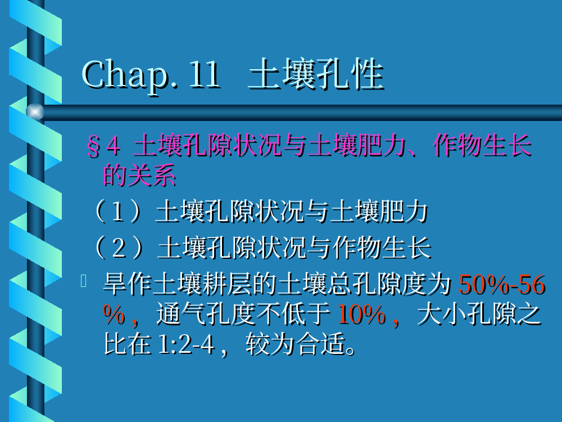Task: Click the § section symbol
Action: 93,146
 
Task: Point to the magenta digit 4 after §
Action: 113,146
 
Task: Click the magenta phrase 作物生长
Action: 482,145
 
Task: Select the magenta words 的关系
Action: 139,175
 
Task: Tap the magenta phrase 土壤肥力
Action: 357,145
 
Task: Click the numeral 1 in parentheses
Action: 117,212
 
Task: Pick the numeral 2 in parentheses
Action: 119,248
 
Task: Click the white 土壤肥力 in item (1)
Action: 379,211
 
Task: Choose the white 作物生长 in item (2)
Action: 382,247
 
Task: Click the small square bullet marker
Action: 84,281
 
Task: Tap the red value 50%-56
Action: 502,285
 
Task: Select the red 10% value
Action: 361,315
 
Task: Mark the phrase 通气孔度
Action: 205,314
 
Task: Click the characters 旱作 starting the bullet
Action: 127,284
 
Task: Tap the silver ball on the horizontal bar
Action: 35,112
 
